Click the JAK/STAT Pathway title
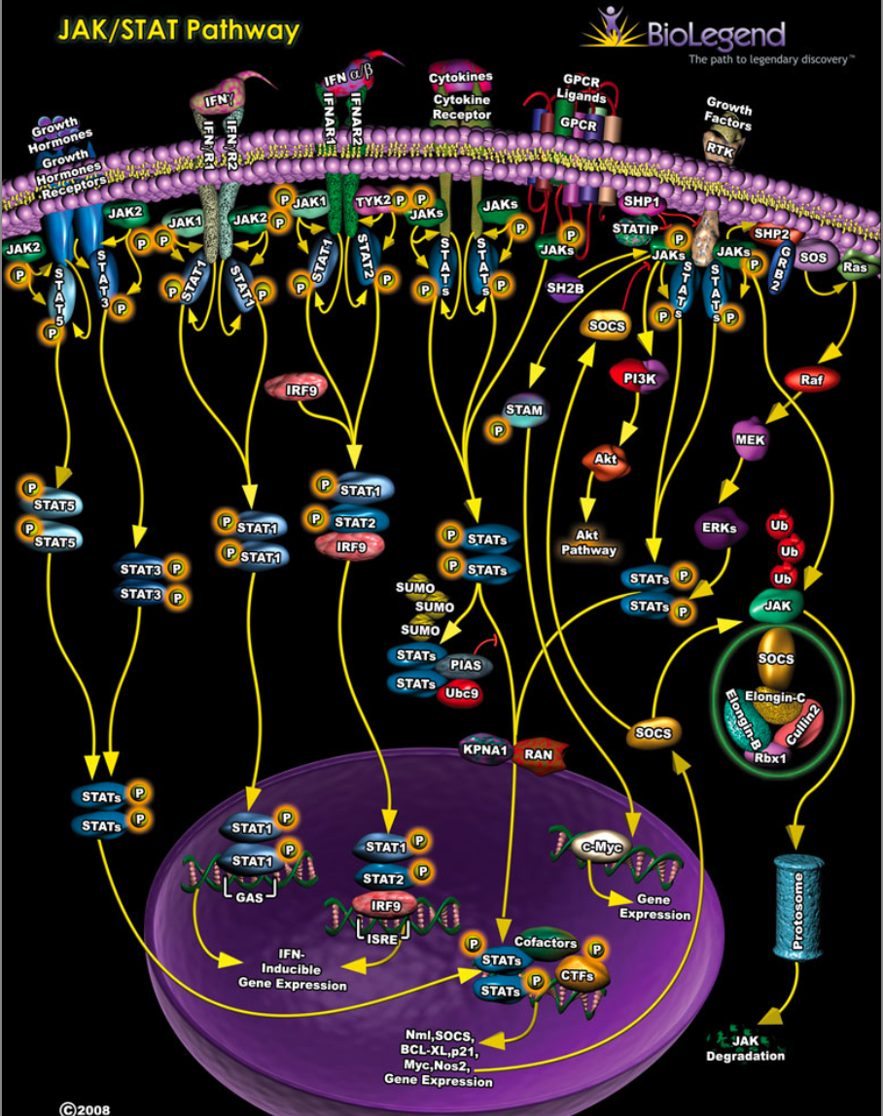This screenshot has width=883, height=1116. point(177,30)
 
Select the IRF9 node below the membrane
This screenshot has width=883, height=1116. point(297,387)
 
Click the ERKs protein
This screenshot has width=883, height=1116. point(719,529)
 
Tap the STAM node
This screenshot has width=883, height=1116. point(524,410)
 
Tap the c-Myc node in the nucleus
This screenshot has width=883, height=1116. point(601,846)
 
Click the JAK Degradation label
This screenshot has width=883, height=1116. point(745,1049)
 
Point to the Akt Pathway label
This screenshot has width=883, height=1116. point(588,541)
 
